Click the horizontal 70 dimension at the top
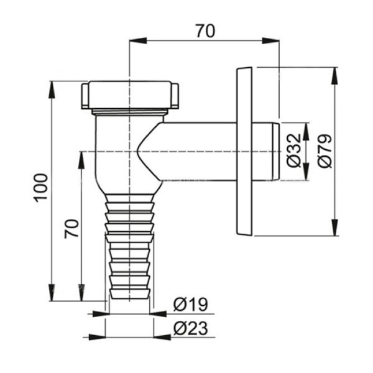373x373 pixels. (205, 30)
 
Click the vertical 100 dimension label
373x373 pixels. (40, 188)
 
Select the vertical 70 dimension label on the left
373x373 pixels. (71, 228)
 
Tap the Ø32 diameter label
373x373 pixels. (293, 151)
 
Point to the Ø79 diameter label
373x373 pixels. (325, 151)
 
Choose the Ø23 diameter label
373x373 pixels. (191, 328)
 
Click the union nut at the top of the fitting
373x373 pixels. (130, 94)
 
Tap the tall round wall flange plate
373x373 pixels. (244, 151)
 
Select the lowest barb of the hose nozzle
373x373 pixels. (130, 294)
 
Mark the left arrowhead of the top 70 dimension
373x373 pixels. (137, 40)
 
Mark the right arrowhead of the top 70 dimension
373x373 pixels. (270, 40)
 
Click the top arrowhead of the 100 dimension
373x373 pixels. (52, 90)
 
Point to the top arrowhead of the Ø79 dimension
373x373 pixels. (335, 76)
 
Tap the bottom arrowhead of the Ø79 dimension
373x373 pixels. (335, 228)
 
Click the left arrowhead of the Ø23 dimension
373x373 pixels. (97, 337)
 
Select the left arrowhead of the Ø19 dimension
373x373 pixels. (100, 314)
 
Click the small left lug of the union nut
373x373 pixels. (85, 96)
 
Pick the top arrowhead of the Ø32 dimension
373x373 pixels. (306, 131)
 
